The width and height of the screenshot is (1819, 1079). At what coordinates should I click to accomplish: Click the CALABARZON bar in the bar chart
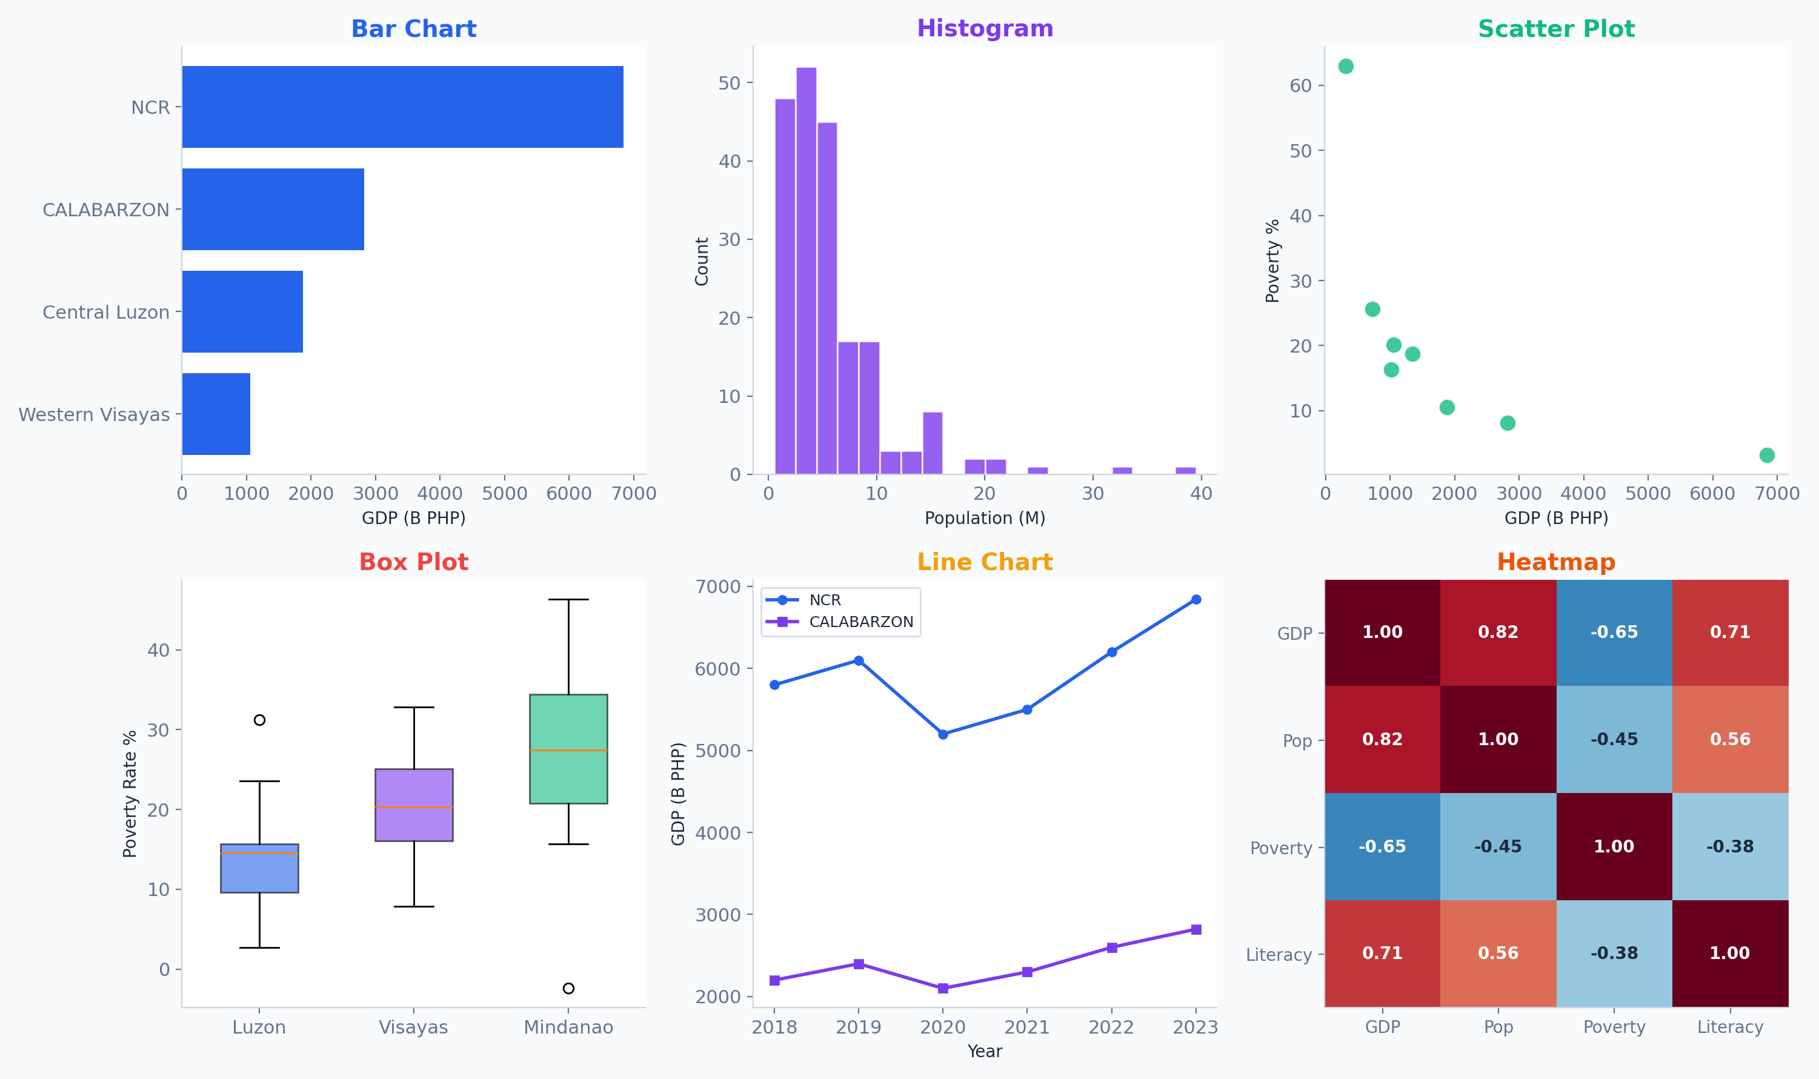point(273,210)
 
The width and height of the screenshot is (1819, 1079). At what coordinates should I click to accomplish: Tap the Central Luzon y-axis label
point(105,312)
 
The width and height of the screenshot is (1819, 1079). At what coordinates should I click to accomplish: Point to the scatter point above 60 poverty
point(1346,66)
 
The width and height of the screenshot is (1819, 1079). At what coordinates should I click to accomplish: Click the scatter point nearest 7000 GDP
point(1767,455)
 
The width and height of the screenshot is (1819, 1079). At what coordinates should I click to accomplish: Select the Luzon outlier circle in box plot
point(259,720)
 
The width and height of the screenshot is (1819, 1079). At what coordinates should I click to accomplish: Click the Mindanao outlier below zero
point(568,988)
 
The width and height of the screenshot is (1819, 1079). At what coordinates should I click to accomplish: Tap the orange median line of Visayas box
point(414,807)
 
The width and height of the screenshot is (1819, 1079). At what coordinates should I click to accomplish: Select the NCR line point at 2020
point(943,734)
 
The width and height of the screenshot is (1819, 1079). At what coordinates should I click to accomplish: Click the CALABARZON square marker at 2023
point(1196,929)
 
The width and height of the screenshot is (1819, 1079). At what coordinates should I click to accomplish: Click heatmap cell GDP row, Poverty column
point(1614,632)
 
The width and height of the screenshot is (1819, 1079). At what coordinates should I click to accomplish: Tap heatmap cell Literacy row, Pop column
point(1498,952)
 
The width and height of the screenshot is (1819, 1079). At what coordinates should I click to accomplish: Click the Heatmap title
point(1556,562)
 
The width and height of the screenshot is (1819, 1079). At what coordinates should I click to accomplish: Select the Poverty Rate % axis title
point(130,794)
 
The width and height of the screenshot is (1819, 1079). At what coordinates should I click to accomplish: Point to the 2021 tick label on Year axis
point(1026,1027)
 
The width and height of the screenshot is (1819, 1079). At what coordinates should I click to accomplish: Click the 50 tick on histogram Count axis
point(728,83)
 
